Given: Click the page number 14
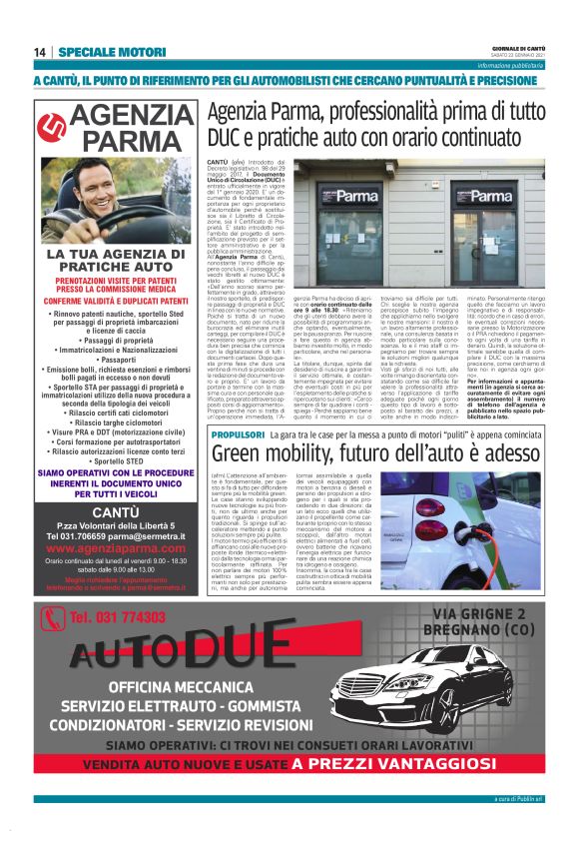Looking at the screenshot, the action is [x=40, y=52].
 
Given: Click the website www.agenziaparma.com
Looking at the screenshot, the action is [x=102, y=548].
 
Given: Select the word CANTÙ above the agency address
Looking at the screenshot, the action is [x=102, y=511].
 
